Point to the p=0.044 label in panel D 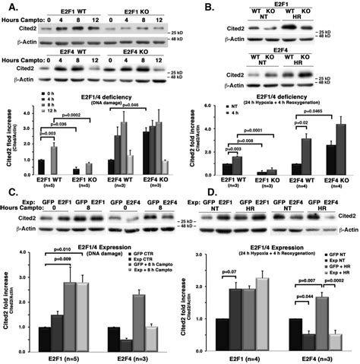299,297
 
